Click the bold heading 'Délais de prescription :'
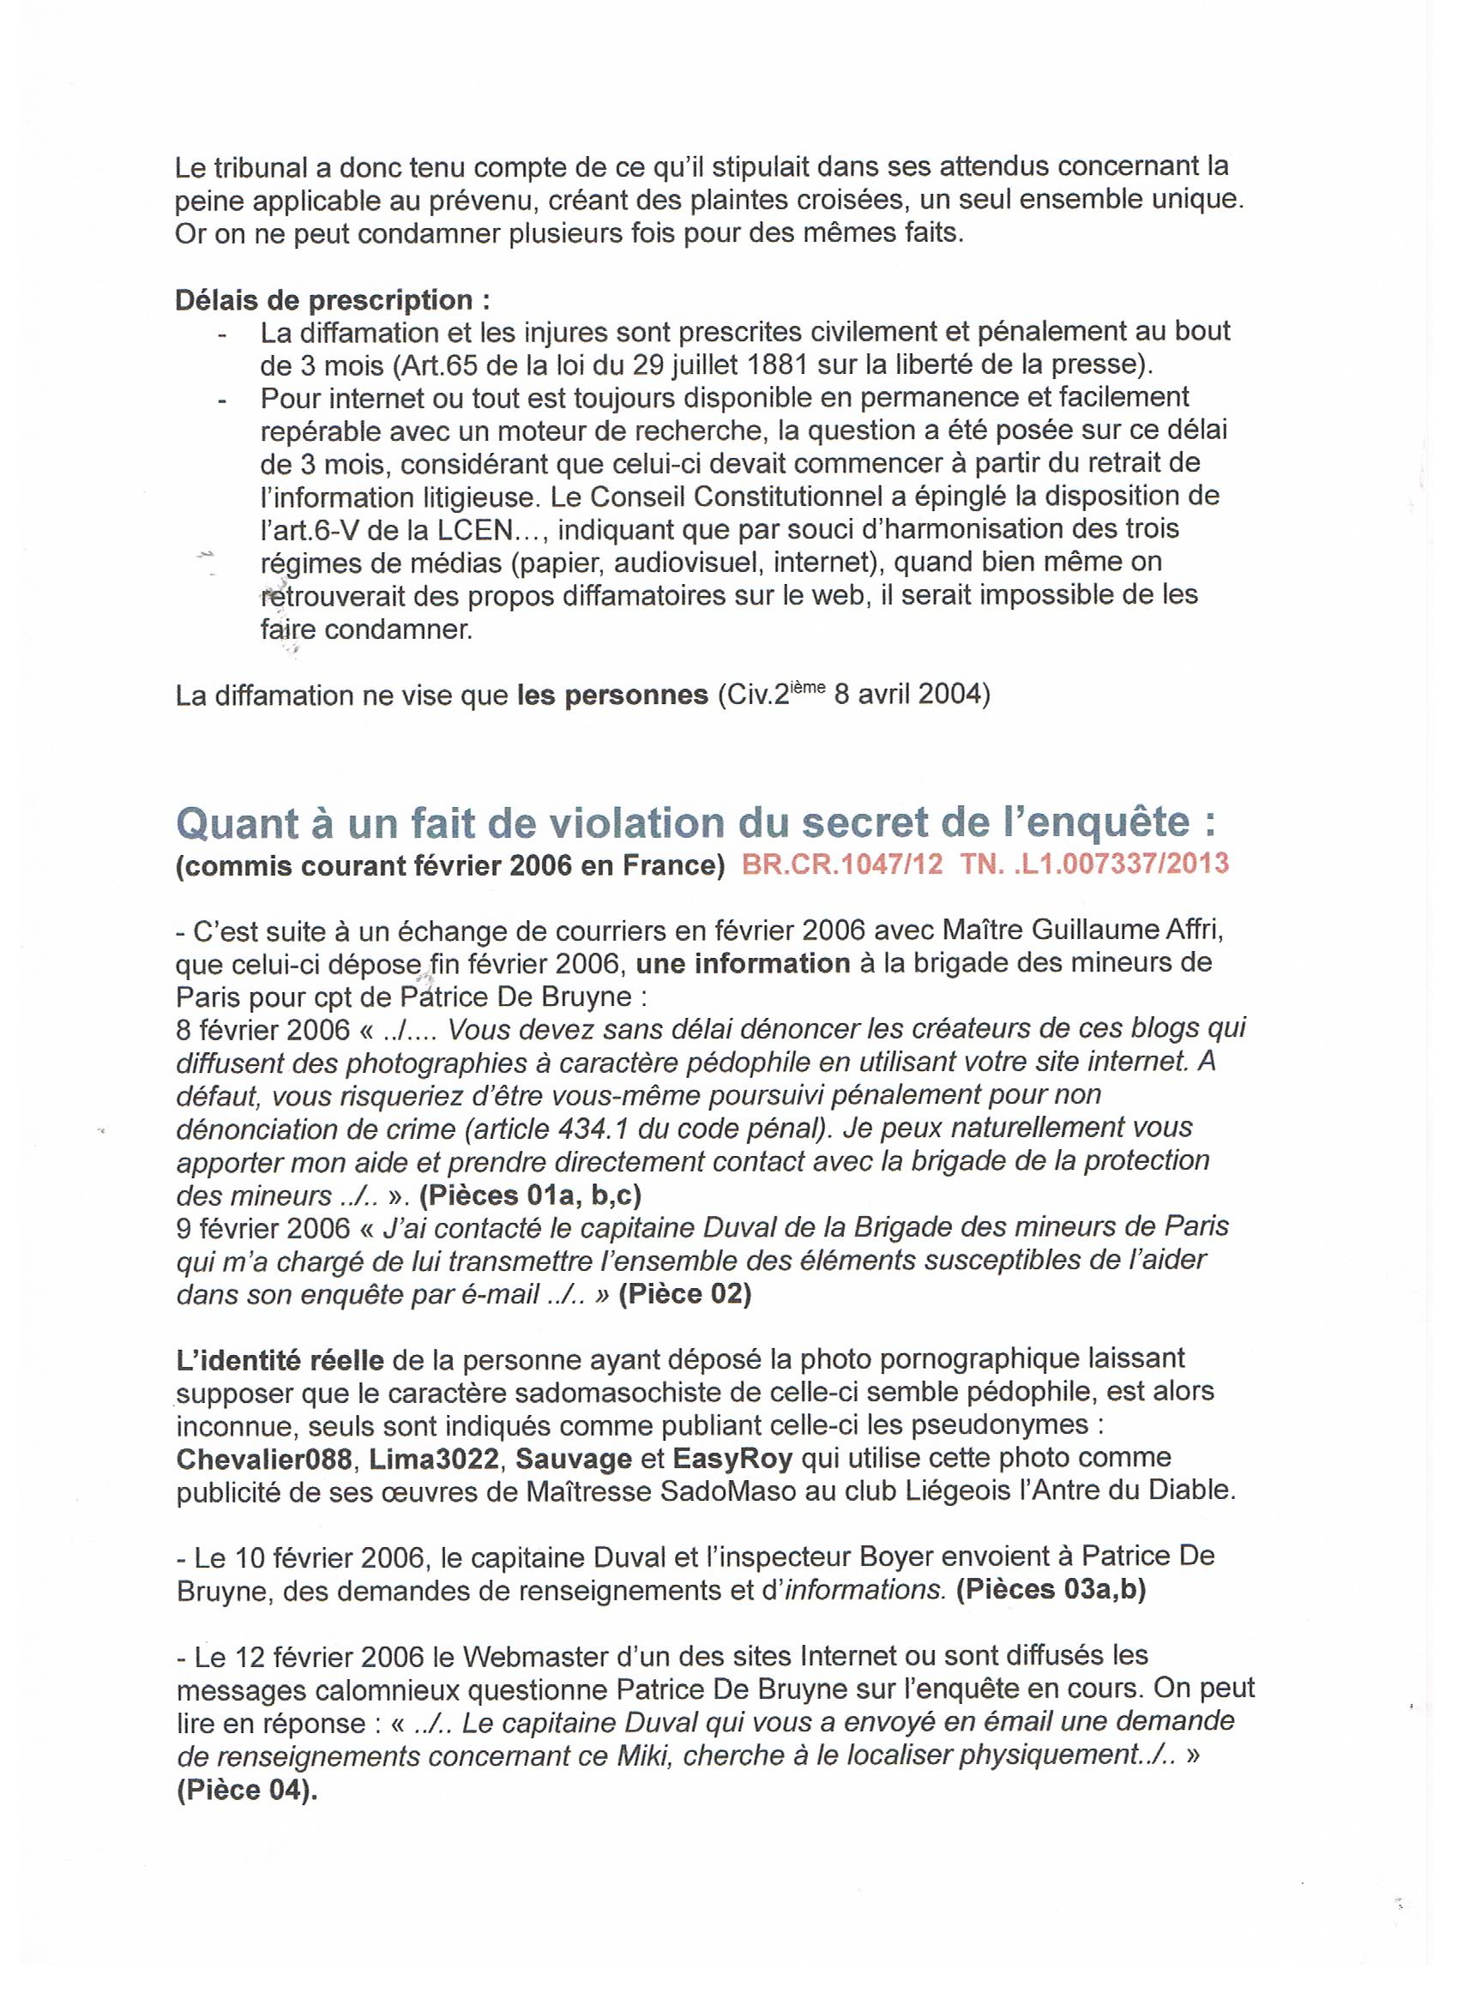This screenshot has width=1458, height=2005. point(333,300)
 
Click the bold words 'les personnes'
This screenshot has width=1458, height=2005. point(612,695)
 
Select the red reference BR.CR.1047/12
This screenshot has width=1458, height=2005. point(841,864)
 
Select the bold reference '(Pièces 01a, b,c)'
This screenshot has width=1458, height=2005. point(530,1195)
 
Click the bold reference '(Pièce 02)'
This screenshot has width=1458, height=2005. point(684,1294)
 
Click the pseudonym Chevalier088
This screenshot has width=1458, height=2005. point(263,1458)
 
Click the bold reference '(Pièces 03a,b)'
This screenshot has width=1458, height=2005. point(1051,1589)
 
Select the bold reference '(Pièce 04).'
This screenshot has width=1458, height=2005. point(247,1788)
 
